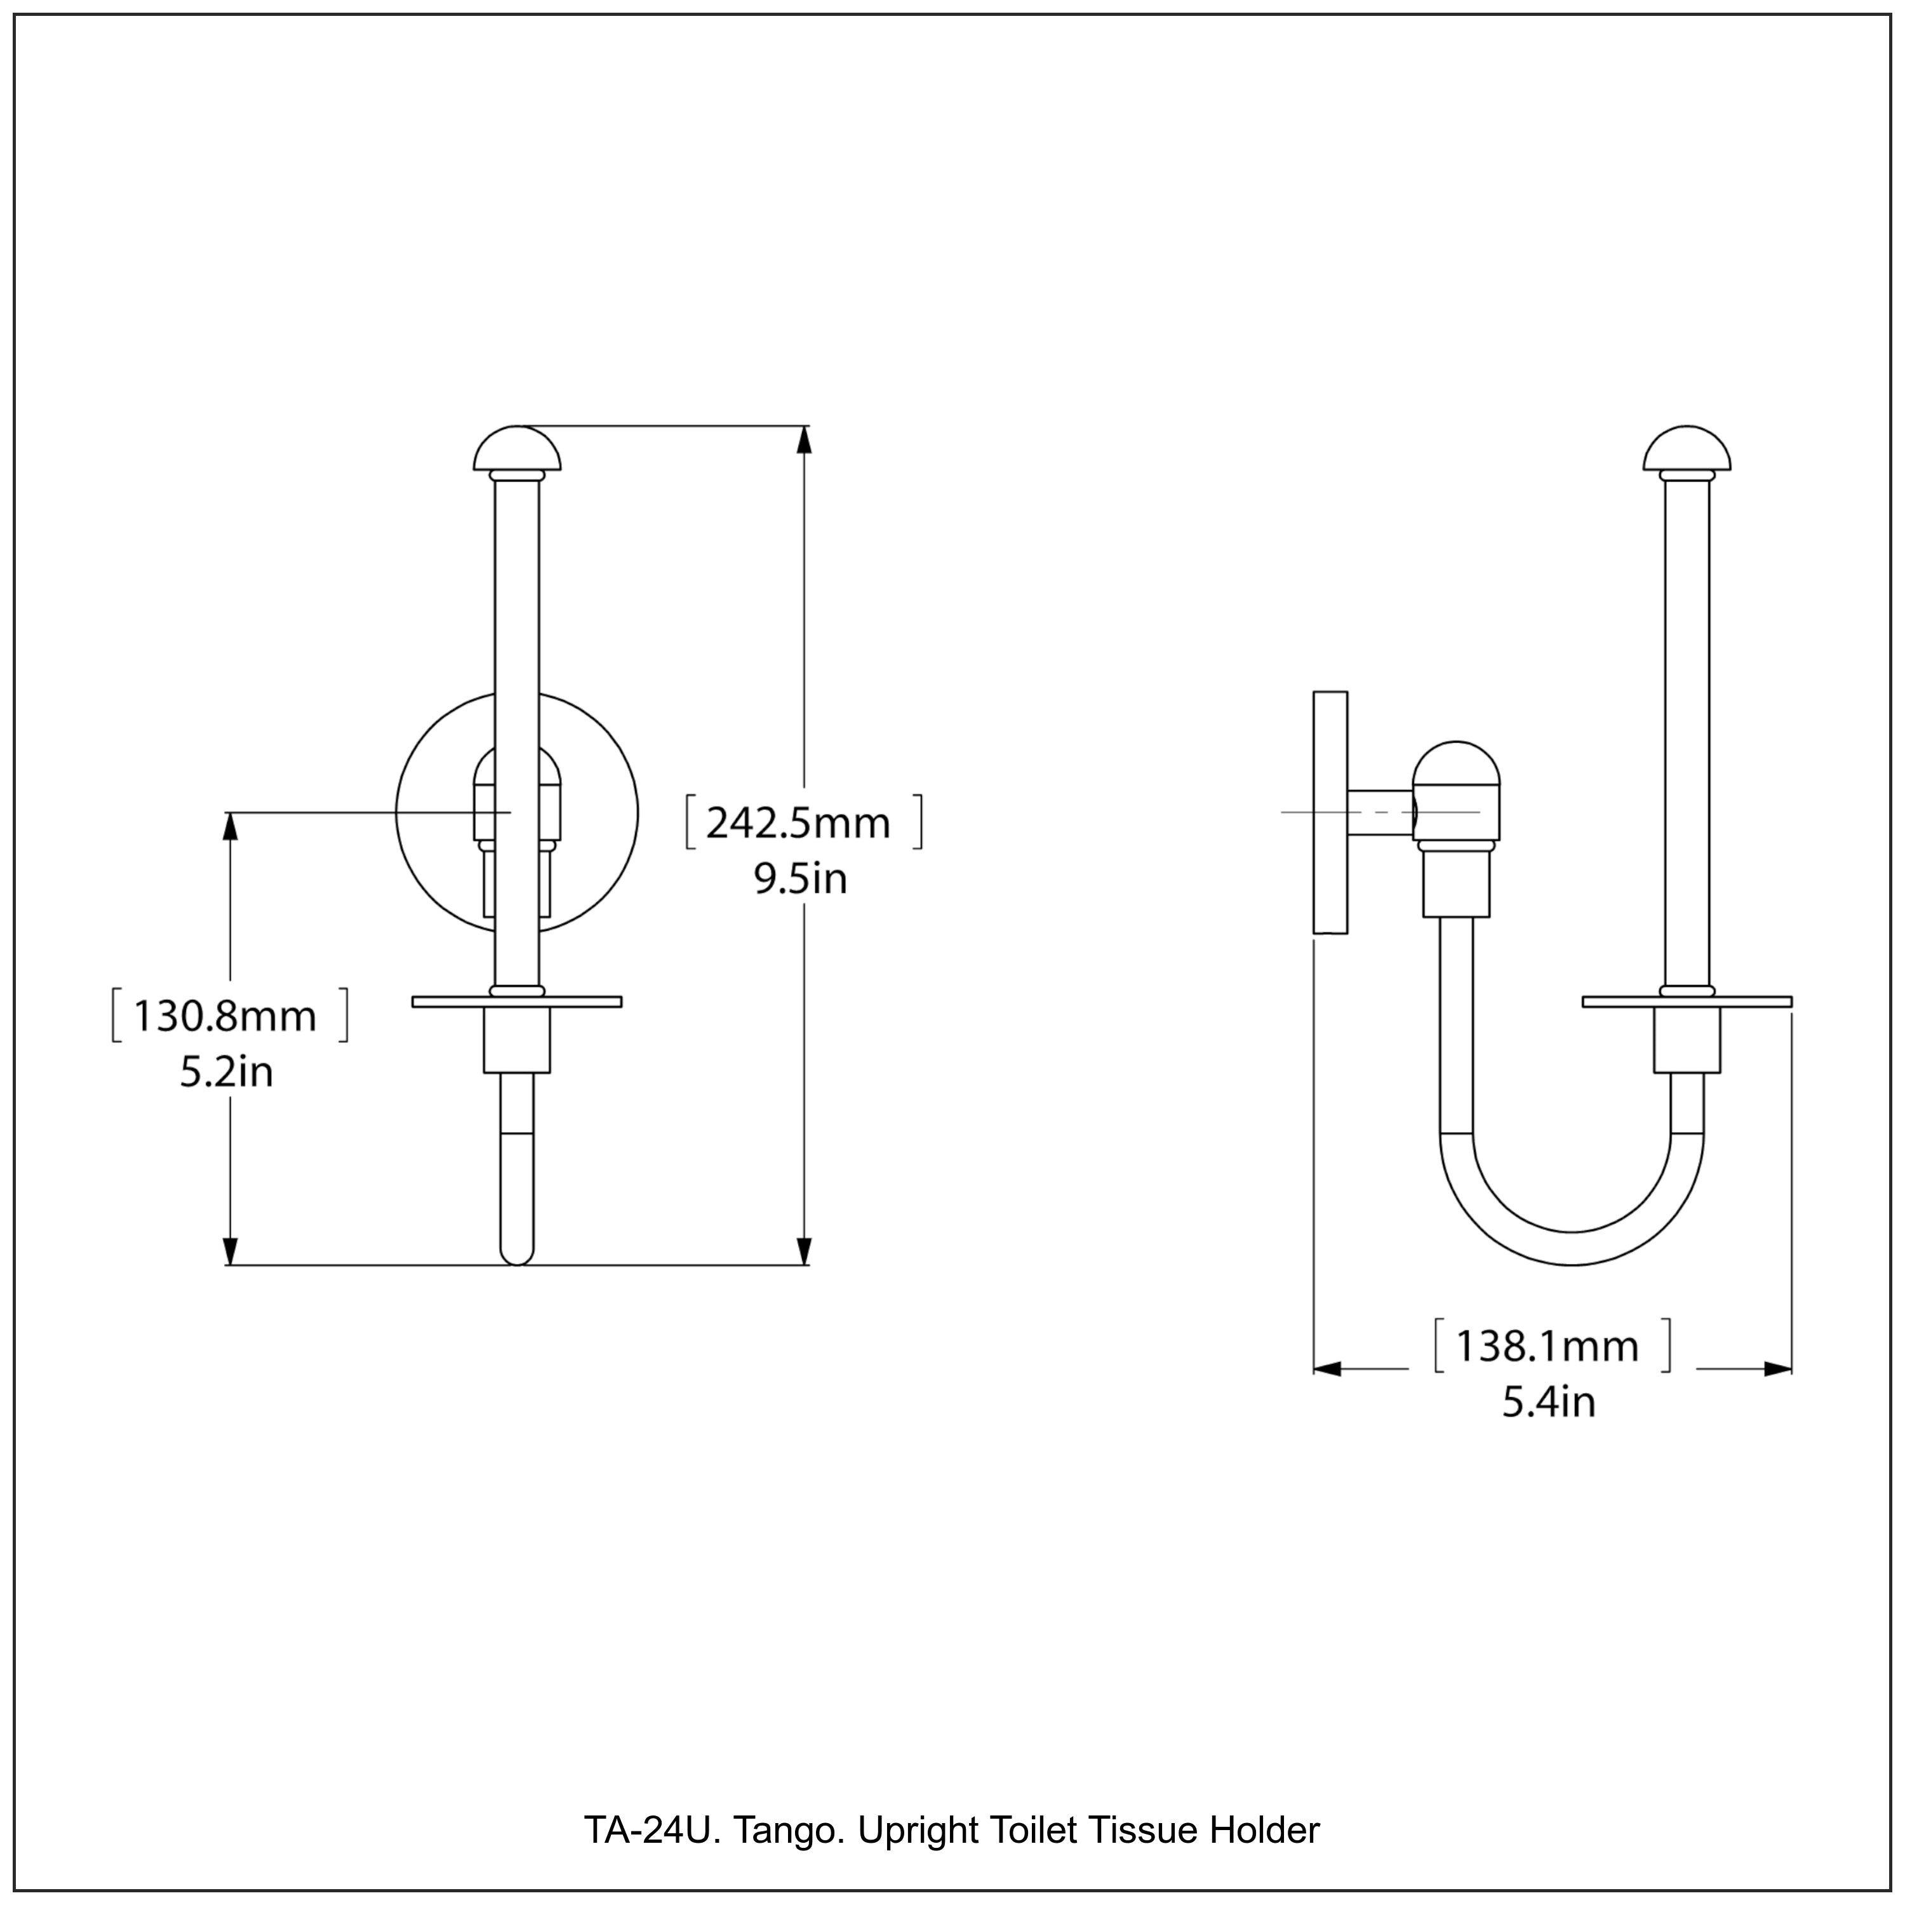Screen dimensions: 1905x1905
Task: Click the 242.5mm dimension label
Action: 799,822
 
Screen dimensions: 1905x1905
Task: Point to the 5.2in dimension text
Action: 226,1072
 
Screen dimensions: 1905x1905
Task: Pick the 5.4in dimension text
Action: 1548,1402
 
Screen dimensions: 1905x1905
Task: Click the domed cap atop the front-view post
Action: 517,450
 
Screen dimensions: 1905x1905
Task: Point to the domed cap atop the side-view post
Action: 1686,450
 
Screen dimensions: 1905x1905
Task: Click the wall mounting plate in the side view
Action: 1330,812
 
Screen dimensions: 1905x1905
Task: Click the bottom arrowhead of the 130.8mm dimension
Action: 231,1251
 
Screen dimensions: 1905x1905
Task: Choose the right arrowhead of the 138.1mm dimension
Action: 1778,1368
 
